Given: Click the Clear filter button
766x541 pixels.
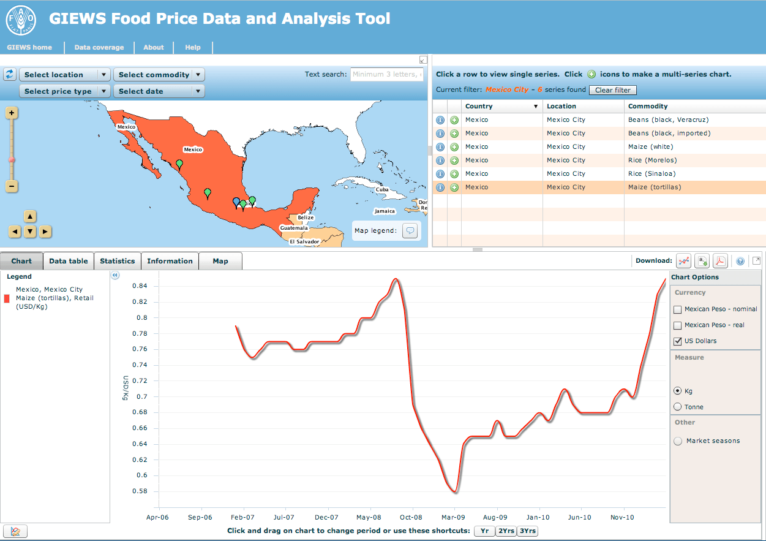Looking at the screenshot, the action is [x=612, y=90].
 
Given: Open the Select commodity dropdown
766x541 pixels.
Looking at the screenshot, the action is [x=159, y=75].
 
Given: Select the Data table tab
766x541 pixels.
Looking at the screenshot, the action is [x=69, y=261].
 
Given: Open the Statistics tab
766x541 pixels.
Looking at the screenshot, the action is [x=118, y=261].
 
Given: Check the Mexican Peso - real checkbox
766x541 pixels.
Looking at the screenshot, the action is [x=677, y=325].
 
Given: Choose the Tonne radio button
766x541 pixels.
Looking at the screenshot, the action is [x=677, y=407].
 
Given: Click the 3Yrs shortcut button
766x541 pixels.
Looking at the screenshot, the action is [x=527, y=531].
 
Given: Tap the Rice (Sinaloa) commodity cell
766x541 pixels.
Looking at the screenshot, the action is [x=651, y=173].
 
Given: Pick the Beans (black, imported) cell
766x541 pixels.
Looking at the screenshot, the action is [x=669, y=133].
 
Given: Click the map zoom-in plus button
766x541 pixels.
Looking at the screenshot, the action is [x=12, y=113].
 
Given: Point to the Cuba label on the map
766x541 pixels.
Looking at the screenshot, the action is [x=382, y=189].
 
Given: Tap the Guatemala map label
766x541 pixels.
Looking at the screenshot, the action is [x=294, y=228].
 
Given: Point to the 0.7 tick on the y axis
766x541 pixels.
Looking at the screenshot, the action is [x=142, y=396].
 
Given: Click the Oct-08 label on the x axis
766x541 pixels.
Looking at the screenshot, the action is [x=411, y=517].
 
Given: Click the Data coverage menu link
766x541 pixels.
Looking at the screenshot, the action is [x=99, y=47].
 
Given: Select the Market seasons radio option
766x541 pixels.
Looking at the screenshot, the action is [x=678, y=441].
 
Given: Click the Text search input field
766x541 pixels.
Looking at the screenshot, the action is [x=386, y=74].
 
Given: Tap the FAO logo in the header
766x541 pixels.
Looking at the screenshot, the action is [x=21, y=20].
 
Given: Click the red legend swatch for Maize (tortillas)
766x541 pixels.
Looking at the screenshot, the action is [x=7, y=298].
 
